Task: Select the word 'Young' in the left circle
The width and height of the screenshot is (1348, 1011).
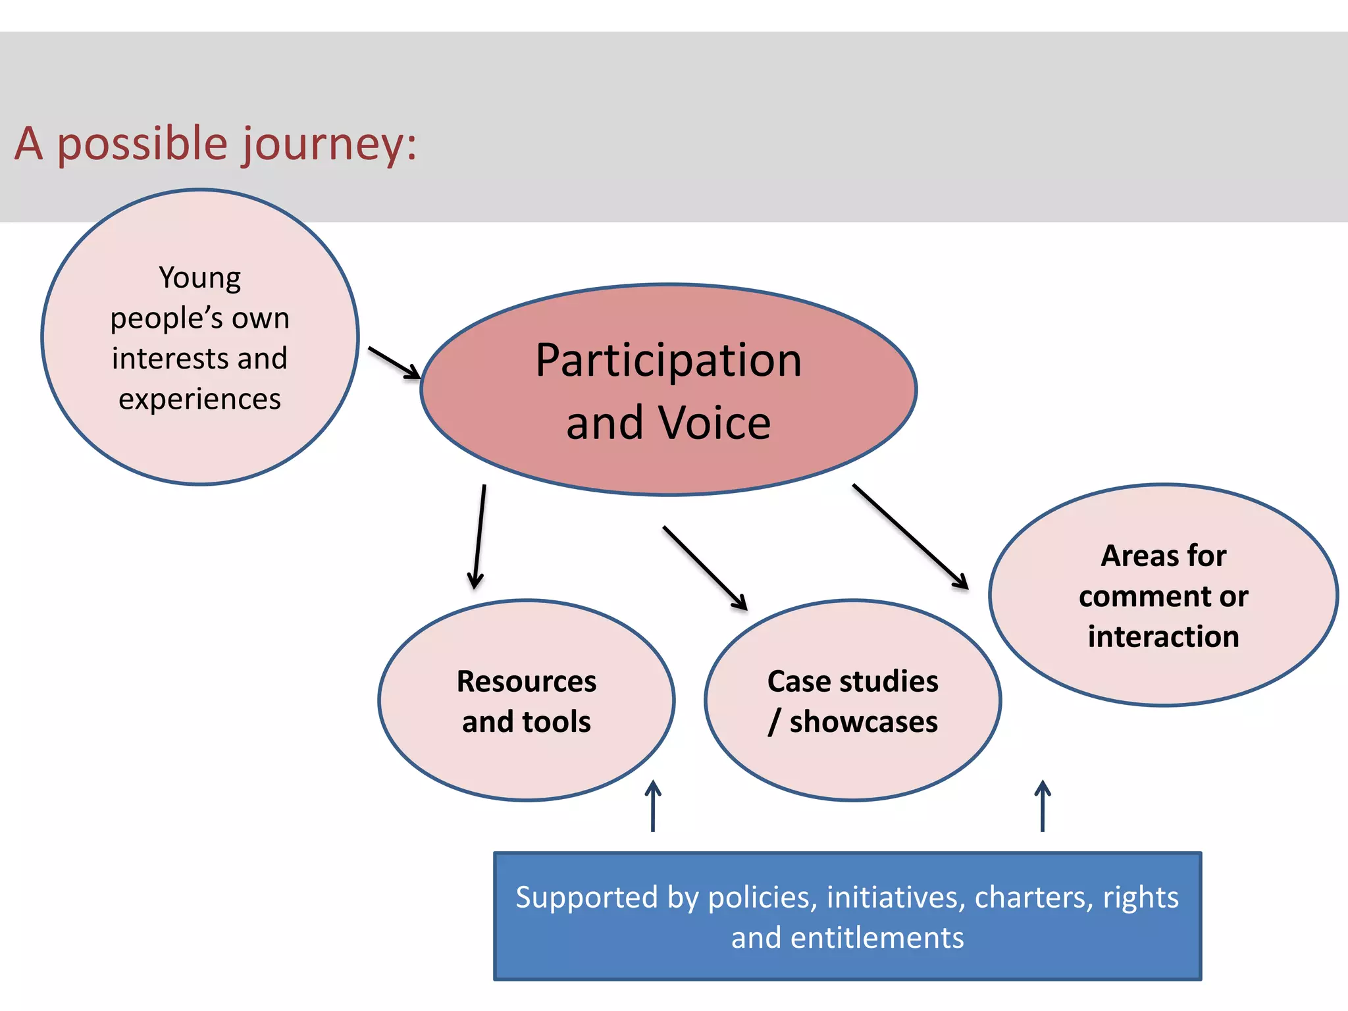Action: tap(199, 278)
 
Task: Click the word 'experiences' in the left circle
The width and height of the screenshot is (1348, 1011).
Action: tap(199, 399)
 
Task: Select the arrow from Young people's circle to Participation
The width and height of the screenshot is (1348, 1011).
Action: tap(394, 363)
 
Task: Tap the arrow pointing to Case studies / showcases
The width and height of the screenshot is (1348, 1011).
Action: tap(705, 568)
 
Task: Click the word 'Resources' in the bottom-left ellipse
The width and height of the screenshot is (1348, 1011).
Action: tap(527, 681)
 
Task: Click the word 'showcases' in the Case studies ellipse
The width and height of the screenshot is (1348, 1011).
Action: tap(864, 721)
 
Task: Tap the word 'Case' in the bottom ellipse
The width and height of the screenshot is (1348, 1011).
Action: tap(794, 681)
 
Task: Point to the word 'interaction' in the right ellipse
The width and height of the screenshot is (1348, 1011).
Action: tap(1163, 636)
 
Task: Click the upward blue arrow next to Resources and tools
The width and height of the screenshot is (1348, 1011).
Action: tap(653, 806)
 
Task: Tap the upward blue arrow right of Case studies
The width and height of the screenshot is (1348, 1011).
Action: tap(1043, 806)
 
